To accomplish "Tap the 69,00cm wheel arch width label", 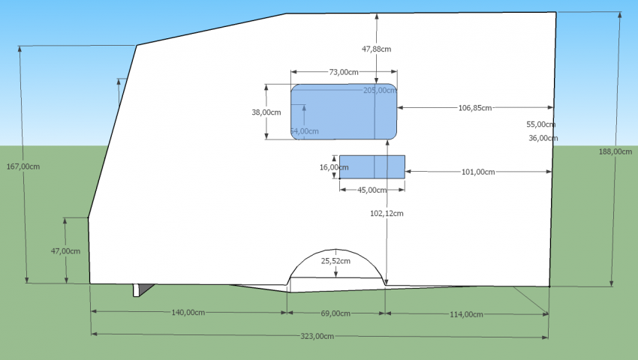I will pyautogui.click(x=336, y=313).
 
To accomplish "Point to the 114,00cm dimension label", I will pyautogui.click(x=465, y=313).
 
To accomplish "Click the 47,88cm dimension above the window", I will pyautogui.click(x=376, y=49).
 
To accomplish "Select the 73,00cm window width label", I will pyautogui.click(x=344, y=72).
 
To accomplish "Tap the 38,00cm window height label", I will pyautogui.click(x=266, y=112).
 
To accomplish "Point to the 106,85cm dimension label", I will pyautogui.click(x=475, y=108).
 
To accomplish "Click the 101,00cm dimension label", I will pyautogui.click(x=478, y=172).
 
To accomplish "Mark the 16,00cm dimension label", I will pyautogui.click(x=330, y=167).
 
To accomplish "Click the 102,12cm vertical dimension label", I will pyautogui.click(x=387, y=213).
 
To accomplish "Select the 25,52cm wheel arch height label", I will pyautogui.click(x=336, y=260).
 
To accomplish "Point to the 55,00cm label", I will pyautogui.click(x=540, y=124).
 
